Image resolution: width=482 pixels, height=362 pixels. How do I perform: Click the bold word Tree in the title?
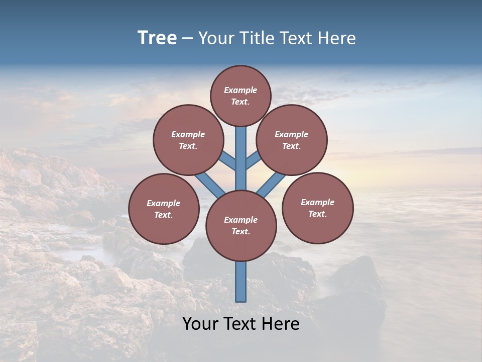(157, 38)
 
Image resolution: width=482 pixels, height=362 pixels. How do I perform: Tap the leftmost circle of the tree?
(164, 209)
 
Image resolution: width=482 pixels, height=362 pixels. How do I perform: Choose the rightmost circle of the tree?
(317, 208)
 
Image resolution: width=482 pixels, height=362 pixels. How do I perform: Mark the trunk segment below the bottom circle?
(241, 282)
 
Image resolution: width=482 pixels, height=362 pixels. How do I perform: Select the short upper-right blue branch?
(253, 161)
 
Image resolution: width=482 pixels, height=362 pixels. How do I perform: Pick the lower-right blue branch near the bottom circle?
(271, 185)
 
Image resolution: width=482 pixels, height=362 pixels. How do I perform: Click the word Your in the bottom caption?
(201, 324)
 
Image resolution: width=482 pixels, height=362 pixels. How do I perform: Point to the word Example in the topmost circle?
(240, 90)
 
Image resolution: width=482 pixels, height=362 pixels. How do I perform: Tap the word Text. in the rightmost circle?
(317, 214)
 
